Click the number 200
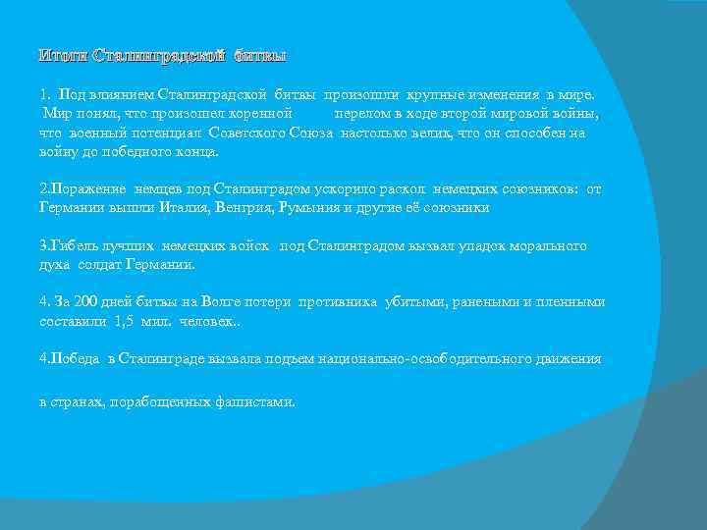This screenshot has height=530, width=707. point(80,302)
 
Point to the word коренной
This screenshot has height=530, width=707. point(257,114)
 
